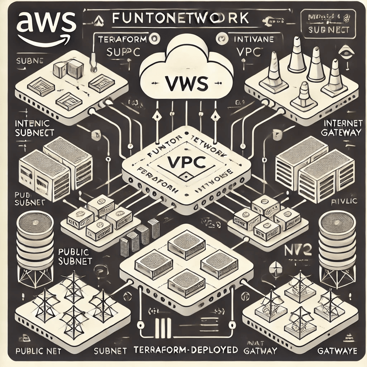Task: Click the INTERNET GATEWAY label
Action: coord(343,128)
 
